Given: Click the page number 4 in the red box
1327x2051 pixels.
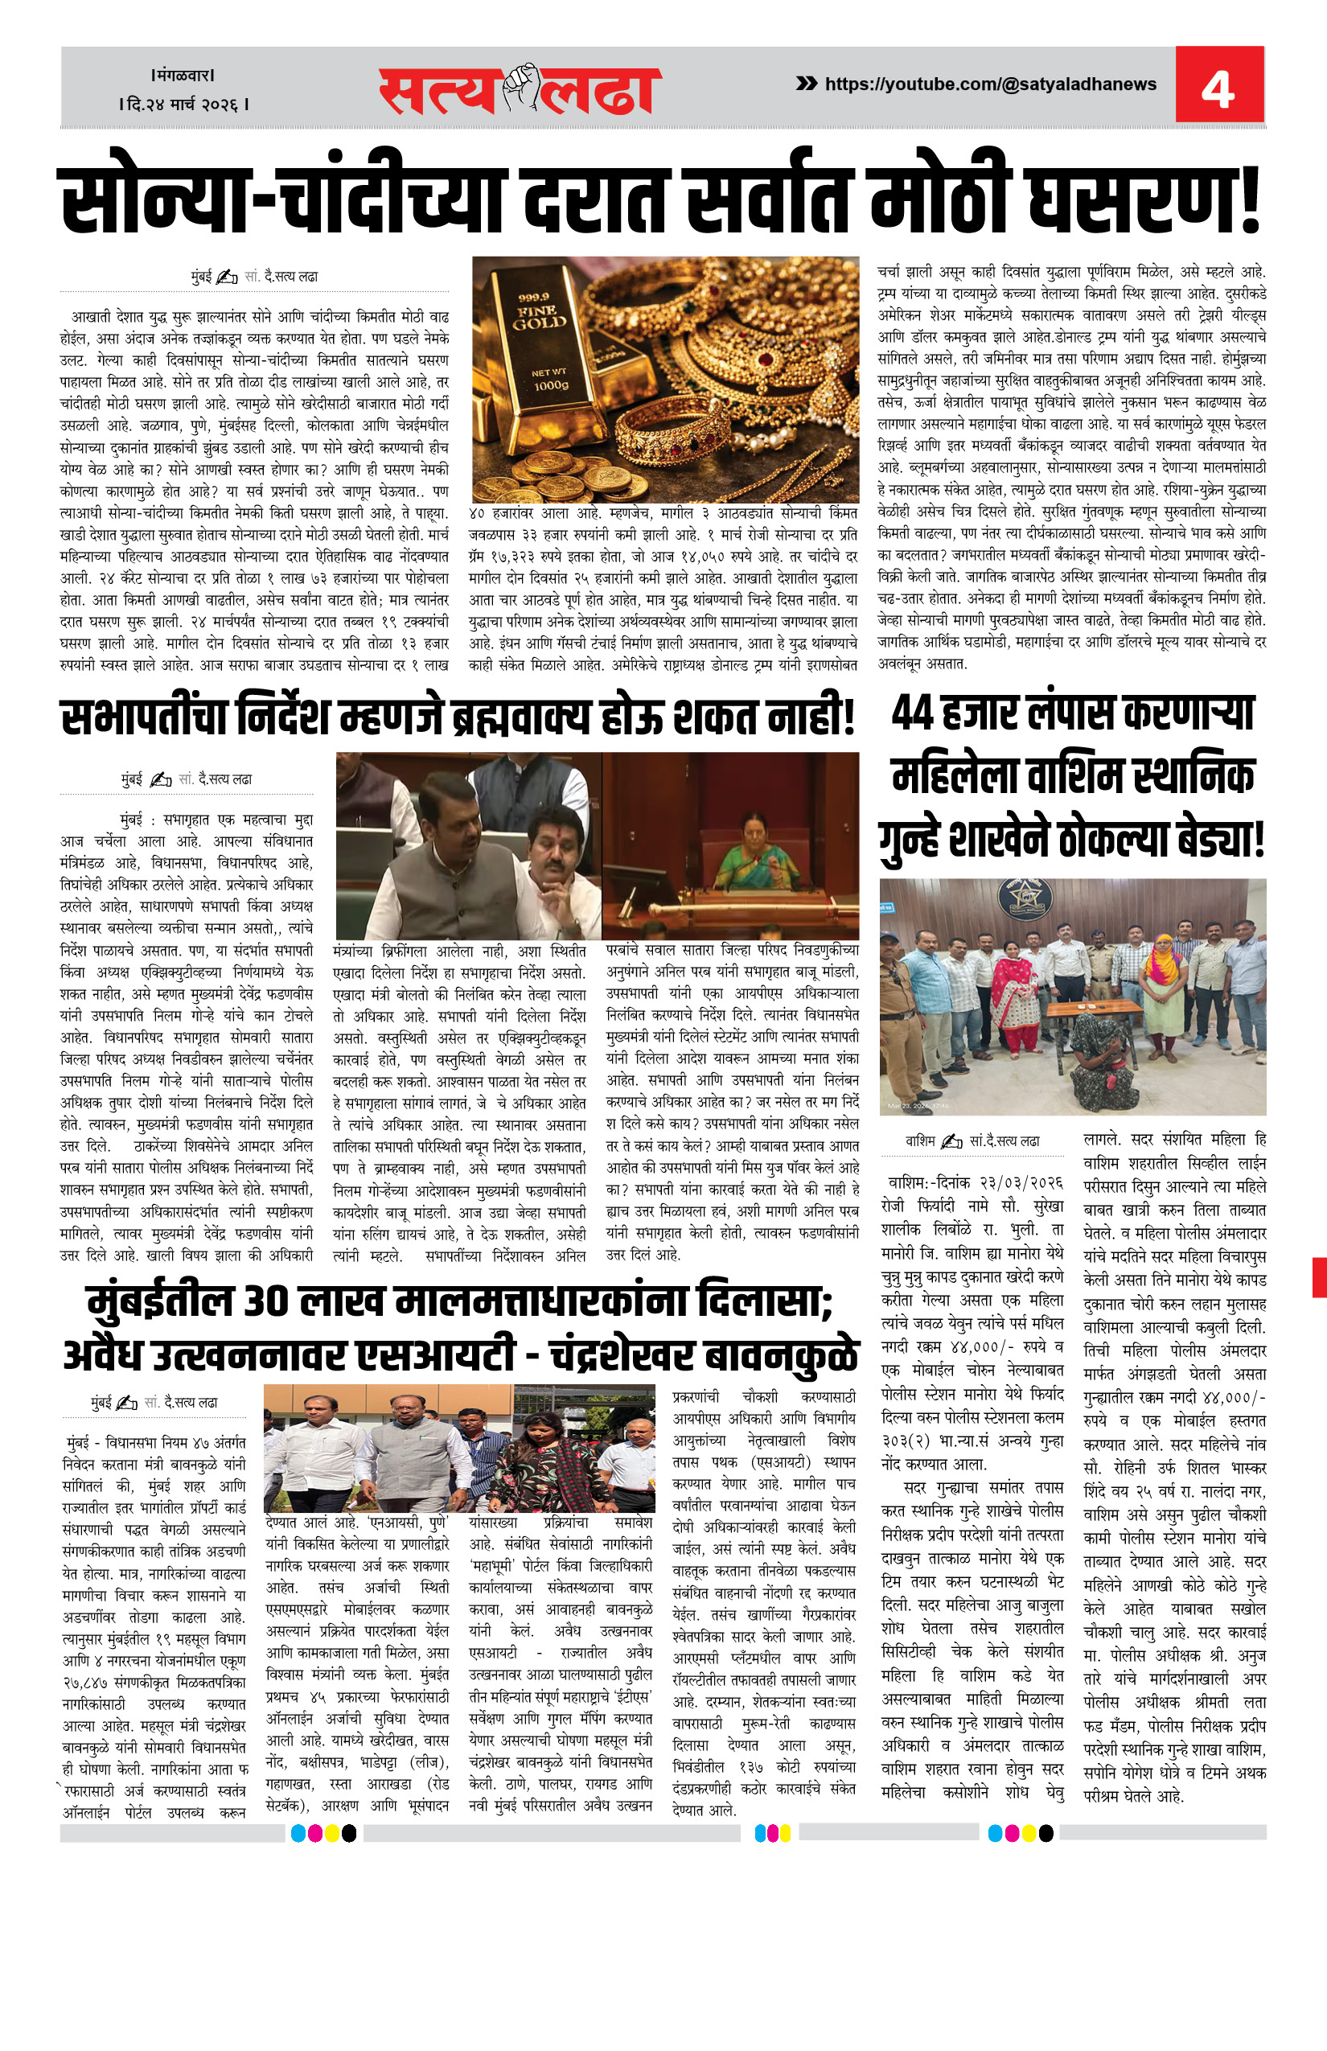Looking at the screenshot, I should point(1218,87).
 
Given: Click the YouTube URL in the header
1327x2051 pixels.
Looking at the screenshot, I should point(990,84).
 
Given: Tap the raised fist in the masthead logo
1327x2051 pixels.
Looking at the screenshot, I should point(520,87).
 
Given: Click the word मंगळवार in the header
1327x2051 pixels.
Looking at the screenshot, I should point(183,75).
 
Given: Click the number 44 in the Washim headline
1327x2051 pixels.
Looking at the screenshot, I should point(913,713).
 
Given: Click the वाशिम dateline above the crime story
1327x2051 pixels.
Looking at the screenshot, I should point(919,1141).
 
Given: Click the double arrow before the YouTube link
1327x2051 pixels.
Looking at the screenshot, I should point(806,84).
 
